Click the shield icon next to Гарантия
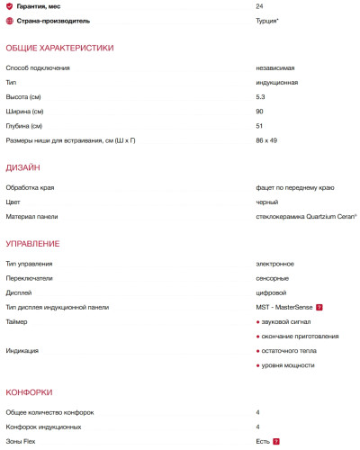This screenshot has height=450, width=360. [9, 6]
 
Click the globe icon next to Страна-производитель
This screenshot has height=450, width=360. [9, 19]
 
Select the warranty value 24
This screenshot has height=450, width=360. [259, 6]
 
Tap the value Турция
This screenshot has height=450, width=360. [267, 19]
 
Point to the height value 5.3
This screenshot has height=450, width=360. [260, 96]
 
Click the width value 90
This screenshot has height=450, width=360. [259, 111]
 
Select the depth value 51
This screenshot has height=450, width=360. [259, 125]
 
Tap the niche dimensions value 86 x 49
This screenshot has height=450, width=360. [266, 139]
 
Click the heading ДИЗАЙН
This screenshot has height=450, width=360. [22, 167]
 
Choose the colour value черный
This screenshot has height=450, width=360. [267, 202]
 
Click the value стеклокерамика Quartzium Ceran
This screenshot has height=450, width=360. [306, 217]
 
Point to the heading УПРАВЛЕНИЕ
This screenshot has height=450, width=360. [32, 244]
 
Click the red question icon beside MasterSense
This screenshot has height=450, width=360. [319, 307]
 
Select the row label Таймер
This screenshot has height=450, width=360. [17, 321]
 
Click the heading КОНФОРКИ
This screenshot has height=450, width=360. [29, 392]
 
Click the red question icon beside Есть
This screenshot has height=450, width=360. [276, 441]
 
